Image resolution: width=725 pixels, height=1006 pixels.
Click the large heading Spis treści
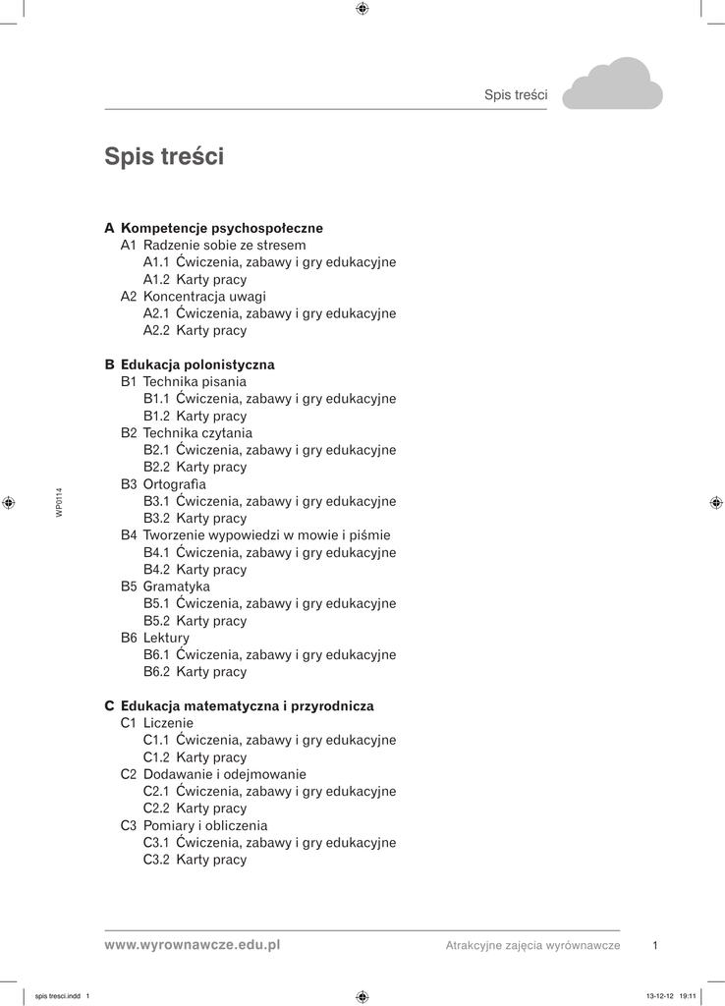(164, 157)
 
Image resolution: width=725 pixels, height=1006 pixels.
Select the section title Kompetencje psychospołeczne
(221, 228)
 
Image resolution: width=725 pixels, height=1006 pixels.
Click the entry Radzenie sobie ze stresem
(224, 245)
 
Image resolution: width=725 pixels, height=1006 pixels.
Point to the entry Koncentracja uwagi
(204, 296)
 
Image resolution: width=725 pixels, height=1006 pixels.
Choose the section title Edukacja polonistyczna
(197, 364)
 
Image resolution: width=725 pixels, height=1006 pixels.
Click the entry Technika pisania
(195, 381)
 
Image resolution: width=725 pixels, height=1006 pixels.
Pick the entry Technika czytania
(197, 432)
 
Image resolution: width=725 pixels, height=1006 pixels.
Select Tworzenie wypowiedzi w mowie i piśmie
(266, 535)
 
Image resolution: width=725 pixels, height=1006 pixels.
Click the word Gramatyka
(177, 587)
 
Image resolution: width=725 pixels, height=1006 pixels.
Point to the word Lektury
(166, 638)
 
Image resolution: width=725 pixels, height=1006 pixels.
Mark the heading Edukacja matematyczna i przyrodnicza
(247, 706)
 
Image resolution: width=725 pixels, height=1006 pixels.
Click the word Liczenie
(168, 723)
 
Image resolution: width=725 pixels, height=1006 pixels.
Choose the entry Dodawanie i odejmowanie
(224, 774)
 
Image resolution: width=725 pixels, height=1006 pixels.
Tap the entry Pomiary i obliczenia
(204, 825)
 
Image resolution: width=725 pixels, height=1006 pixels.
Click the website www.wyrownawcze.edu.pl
(193, 944)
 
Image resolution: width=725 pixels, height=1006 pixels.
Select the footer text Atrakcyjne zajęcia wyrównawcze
(532, 945)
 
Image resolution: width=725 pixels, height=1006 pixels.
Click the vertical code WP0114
(59, 502)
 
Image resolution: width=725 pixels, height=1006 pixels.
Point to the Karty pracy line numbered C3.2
(195, 860)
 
